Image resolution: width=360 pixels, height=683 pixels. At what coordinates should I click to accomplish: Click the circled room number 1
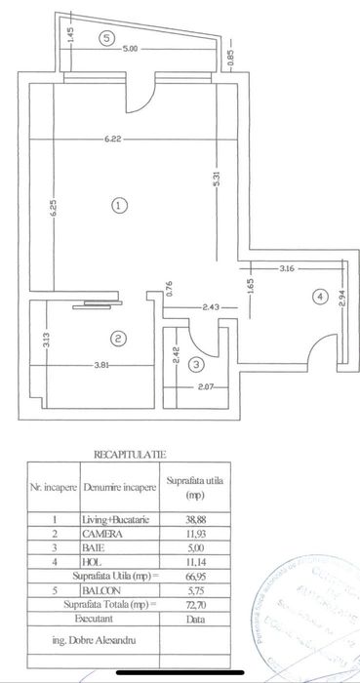(x=118, y=206)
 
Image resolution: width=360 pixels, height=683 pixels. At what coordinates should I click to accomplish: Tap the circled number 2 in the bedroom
(x=117, y=340)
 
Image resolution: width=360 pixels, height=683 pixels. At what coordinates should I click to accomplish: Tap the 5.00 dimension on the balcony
(x=131, y=48)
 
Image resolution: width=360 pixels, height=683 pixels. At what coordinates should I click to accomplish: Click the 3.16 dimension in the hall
(x=288, y=266)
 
